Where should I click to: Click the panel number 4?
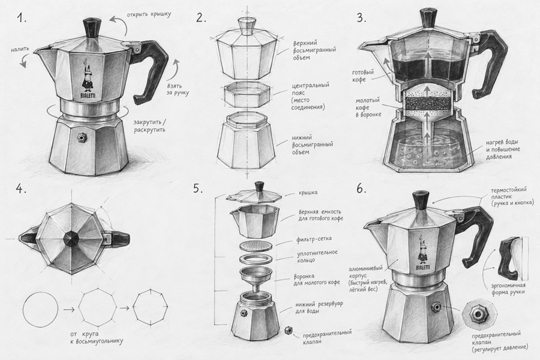pos(21,189)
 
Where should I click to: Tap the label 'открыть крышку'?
pos(149,15)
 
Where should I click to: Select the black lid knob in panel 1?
pos(92,27)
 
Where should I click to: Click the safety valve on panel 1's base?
pos(82,138)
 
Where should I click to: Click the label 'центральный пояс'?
pos(310,88)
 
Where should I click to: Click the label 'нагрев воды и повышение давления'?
pos(503,149)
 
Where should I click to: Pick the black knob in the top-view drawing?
pos(73,238)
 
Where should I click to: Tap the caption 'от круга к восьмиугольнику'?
pos(96,337)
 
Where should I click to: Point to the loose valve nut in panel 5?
pos(287,331)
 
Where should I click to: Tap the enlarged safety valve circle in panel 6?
pos(478,313)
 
